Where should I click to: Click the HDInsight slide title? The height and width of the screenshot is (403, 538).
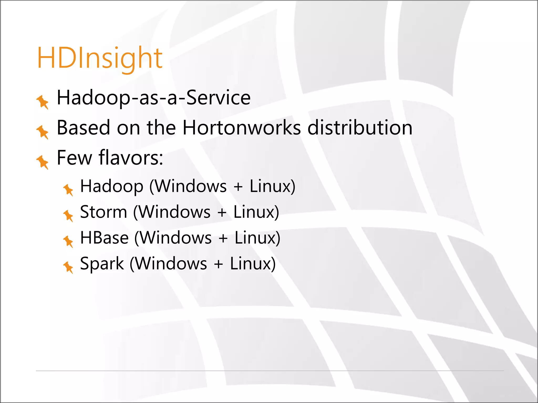(100, 58)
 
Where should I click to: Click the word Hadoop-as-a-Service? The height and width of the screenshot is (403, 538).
(154, 98)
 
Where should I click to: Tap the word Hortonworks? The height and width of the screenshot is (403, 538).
(242, 128)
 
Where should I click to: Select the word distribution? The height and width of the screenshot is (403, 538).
(360, 128)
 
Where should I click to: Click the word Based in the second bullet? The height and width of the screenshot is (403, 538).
(83, 128)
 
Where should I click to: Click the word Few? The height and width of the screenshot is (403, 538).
(74, 158)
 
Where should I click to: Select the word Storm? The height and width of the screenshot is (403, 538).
(104, 212)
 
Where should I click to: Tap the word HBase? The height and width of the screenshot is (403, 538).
(104, 238)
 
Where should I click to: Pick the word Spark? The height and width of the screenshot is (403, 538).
(102, 264)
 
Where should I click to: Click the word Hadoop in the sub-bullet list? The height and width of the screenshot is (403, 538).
(112, 186)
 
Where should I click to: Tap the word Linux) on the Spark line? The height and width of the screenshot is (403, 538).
(253, 264)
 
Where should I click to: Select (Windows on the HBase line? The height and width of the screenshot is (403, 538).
(173, 238)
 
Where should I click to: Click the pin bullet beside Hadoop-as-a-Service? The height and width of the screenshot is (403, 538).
(43, 102)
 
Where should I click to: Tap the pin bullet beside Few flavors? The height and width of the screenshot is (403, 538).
(43, 162)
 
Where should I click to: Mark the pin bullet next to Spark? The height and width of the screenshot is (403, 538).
(68, 267)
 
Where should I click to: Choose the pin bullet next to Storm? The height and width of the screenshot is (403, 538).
(68, 215)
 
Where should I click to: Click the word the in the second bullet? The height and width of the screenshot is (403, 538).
(161, 128)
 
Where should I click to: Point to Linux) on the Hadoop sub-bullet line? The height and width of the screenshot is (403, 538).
(272, 186)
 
